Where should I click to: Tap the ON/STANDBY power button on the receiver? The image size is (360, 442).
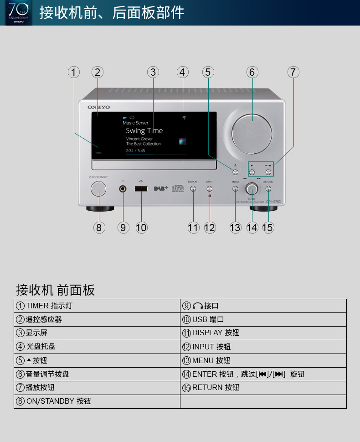click(98, 188)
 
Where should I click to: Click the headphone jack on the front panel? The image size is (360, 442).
click(123, 188)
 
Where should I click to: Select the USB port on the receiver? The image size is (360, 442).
click(141, 188)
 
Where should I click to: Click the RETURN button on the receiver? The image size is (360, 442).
click(268, 188)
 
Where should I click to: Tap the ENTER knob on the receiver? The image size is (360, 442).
click(252, 188)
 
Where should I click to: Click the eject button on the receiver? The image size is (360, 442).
click(235, 172)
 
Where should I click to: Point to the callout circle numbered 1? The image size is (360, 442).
click(74, 72)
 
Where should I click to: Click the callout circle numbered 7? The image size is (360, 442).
click(293, 72)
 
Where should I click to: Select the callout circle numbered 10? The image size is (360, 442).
click(141, 227)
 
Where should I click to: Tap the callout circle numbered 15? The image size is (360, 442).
click(268, 227)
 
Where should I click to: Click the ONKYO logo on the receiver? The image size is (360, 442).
click(99, 107)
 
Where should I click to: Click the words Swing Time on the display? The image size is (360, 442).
click(144, 131)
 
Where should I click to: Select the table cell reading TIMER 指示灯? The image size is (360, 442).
click(97, 306)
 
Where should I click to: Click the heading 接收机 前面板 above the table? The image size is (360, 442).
click(55, 290)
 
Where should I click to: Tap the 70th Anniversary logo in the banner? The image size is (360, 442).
click(18, 12)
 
